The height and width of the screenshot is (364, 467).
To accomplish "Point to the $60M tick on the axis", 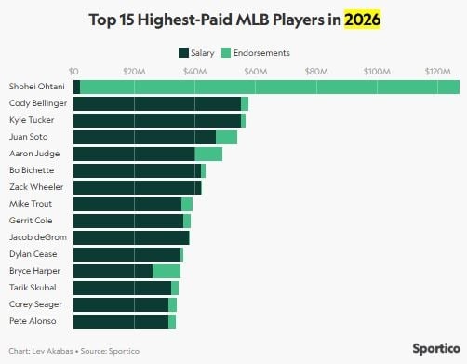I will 254,71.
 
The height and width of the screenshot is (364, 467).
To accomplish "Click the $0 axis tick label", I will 74,71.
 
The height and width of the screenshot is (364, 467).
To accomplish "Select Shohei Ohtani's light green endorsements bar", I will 270,87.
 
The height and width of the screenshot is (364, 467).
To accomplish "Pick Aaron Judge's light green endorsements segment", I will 208,154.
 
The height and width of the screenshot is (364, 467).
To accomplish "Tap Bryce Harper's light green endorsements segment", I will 167,271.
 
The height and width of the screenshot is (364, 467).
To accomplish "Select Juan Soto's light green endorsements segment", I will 226,137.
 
